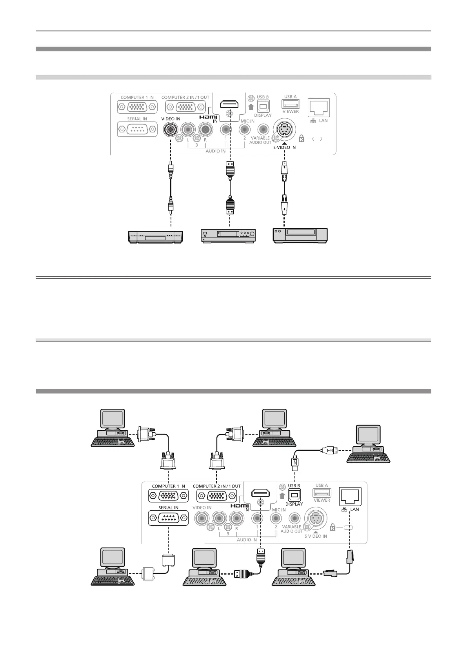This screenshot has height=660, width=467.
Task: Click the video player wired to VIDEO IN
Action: tap(155, 236)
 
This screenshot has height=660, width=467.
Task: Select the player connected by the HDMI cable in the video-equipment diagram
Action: tap(228, 236)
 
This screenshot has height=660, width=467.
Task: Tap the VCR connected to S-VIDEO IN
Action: tap(300, 235)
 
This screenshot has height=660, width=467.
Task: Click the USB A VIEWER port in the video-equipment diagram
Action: tap(291, 104)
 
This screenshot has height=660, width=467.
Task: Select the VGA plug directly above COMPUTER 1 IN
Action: tap(168, 461)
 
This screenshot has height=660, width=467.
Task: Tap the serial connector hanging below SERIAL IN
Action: tap(168, 560)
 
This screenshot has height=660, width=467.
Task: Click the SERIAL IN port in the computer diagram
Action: tap(168, 519)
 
